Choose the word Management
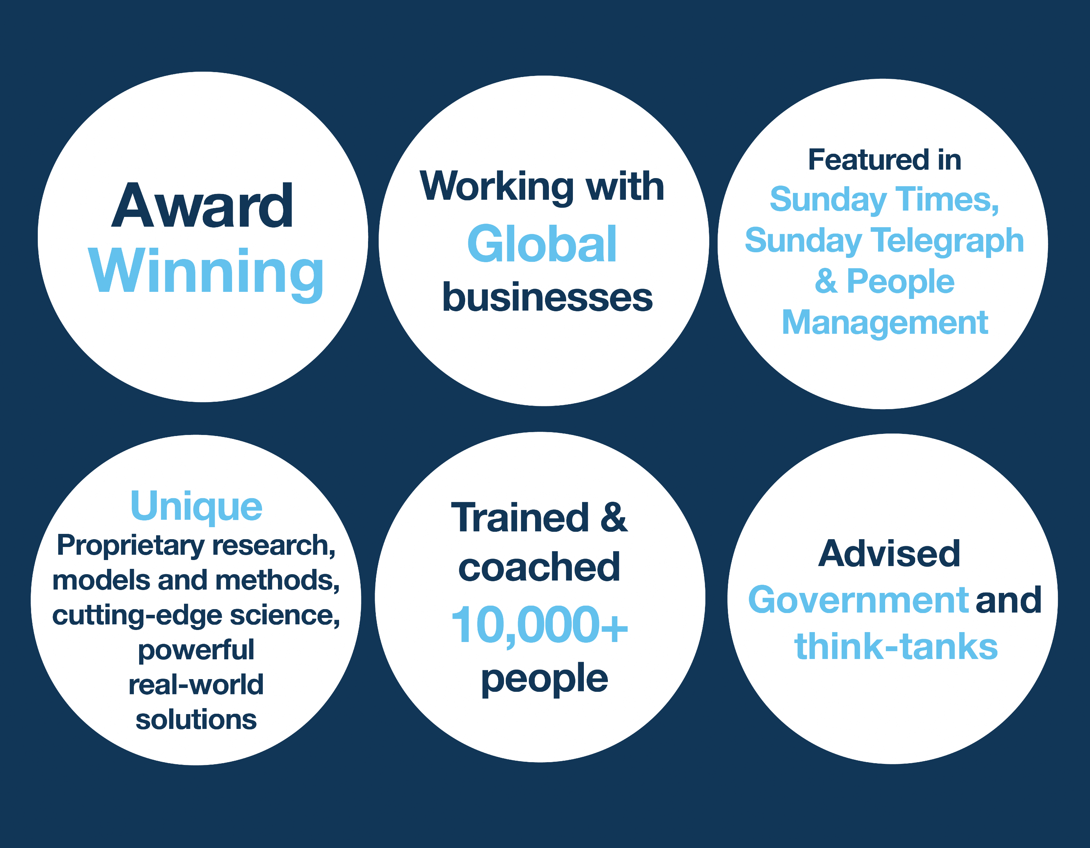click(x=885, y=323)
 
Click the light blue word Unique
click(x=196, y=507)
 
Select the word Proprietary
click(x=131, y=546)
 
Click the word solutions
click(x=196, y=720)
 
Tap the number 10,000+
click(x=539, y=625)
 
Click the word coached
click(x=539, y=567)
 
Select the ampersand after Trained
click(x=614, y=518)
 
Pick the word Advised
click(x=889, y=554)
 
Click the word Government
click(x=858, y=600)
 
